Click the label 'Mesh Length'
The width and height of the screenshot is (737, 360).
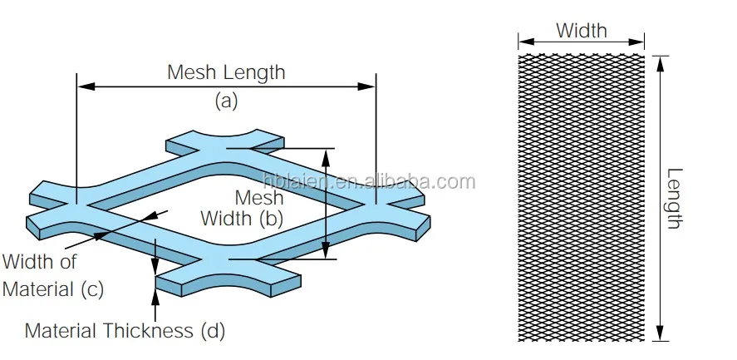click(226, 72)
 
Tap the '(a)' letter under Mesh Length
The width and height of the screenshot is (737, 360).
click(226, 101)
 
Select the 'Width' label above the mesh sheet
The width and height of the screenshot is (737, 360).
click(581, 32)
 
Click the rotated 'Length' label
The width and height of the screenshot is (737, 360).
click(675, 198)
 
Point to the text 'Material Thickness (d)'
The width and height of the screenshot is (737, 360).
click(125, 330)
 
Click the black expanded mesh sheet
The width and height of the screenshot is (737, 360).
click(581, 198)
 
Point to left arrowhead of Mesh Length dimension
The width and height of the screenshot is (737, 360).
click(83, 85)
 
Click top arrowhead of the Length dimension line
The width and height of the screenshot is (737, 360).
click(661, 61)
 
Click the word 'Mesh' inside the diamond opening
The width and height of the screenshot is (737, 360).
click(259, 198)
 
